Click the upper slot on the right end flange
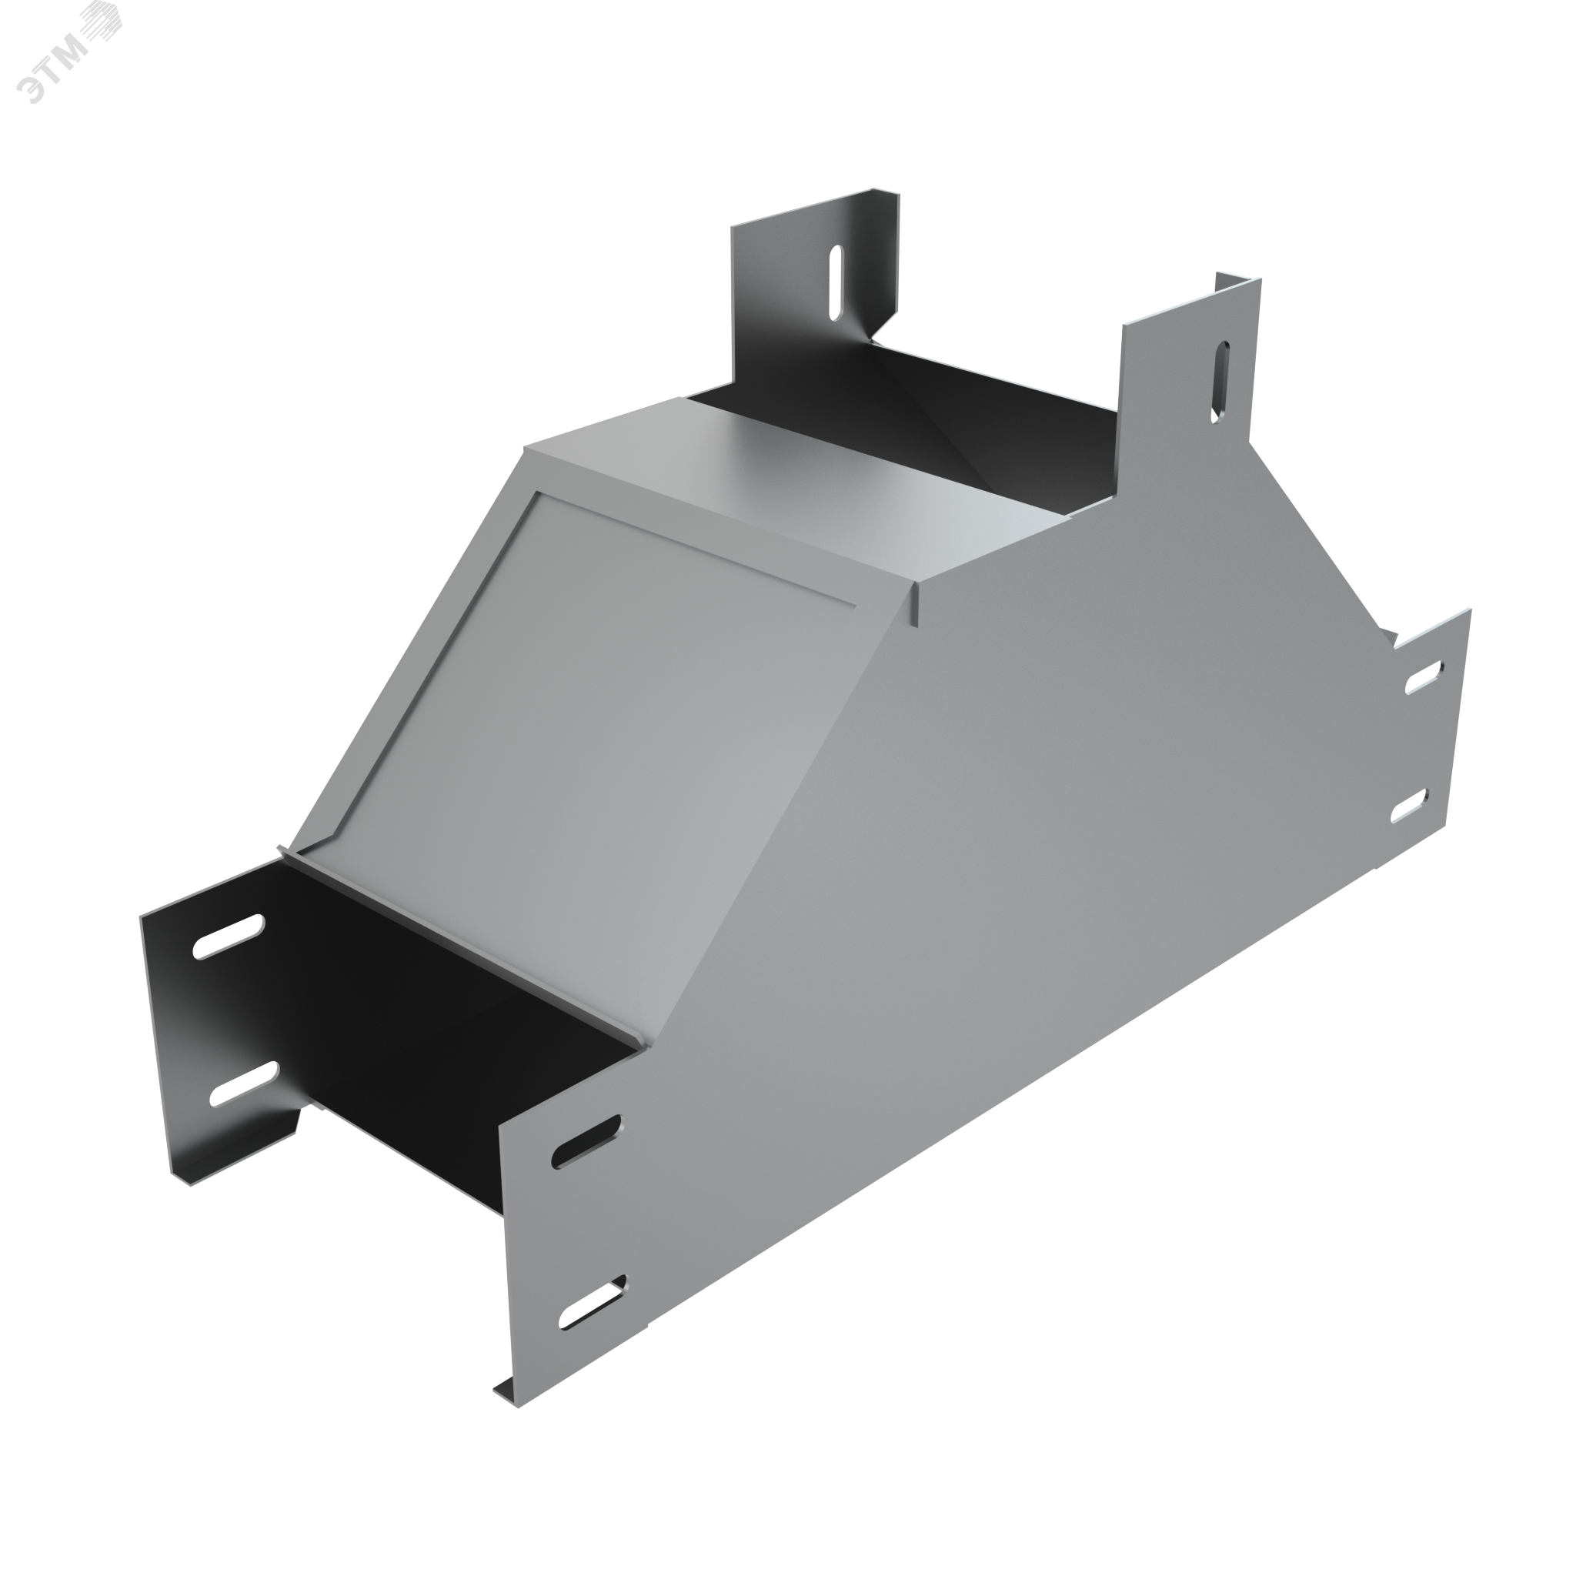1424,677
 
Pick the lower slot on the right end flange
1410,806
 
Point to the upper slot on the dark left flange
229,937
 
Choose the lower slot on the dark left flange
244,1084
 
